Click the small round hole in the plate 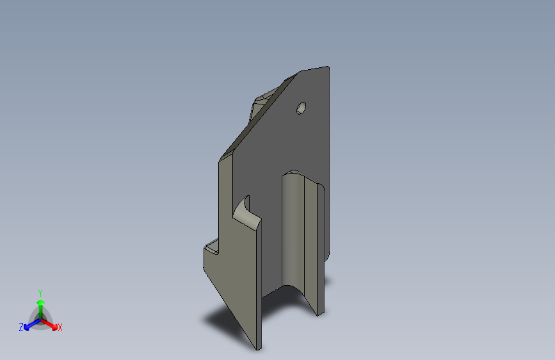click(302, 108)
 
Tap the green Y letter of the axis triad click(40, 292)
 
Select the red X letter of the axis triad click(60, 328)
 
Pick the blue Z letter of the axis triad click(21, 327)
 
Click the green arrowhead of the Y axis click(40, 302)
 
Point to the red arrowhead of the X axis click(53, 325)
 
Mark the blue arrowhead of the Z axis click(28, 327)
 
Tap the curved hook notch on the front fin click(242, 208)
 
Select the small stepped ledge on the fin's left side click(212, 247)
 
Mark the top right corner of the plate click(328, 67)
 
